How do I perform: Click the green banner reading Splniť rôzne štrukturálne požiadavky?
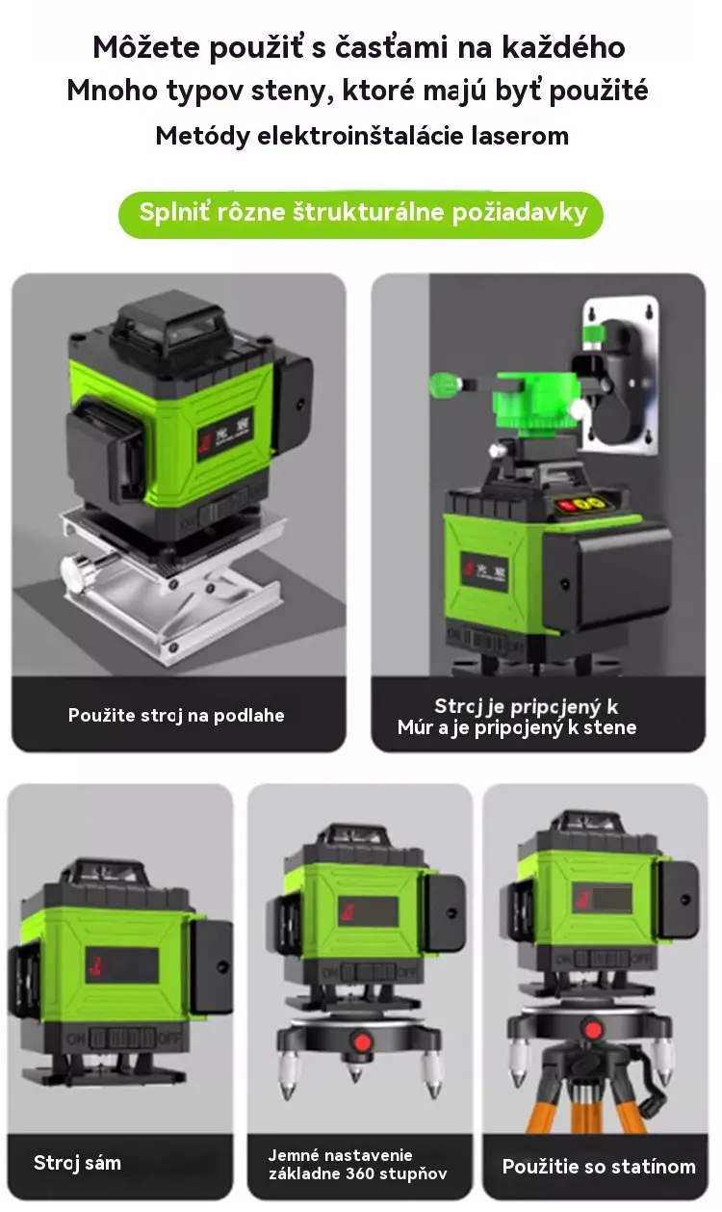361,214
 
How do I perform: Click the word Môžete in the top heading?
146,47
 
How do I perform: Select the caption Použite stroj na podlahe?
176,715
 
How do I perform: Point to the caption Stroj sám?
77,1163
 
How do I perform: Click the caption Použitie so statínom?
599,1166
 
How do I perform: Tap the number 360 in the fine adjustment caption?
360,1173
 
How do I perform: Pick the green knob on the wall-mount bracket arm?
445,385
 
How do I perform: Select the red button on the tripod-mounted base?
593,1030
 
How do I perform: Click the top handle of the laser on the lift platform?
167,323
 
